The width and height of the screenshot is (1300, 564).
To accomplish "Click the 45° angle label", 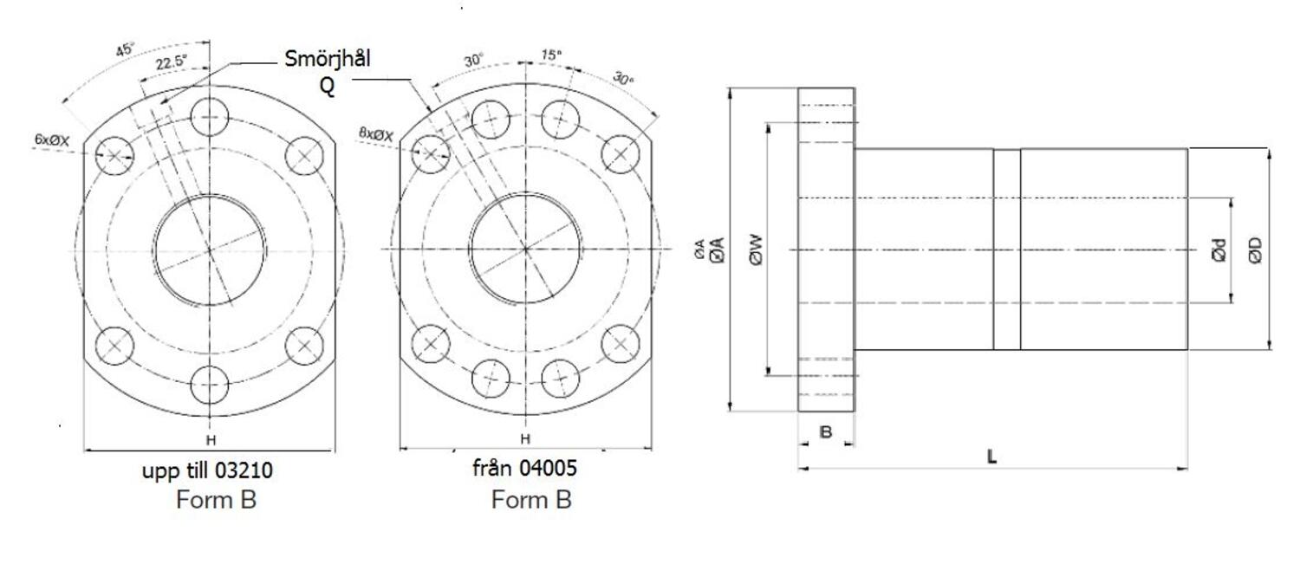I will click(126, 50).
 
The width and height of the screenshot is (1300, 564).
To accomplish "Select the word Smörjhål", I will click(328, 59).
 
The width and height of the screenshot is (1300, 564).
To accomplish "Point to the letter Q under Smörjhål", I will click(328, 87).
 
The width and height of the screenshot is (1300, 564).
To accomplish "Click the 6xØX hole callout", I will click(51, 139).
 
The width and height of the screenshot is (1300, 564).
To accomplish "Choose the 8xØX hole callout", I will click(376, 134).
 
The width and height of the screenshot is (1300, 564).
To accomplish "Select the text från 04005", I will click(524, 469).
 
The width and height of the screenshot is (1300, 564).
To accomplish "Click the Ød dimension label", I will click(1219, 251).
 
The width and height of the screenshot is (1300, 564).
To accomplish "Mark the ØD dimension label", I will click(1254, 250).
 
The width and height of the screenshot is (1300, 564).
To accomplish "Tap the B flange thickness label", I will click(825, 431).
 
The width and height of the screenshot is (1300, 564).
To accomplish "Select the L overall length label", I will click(991, 457).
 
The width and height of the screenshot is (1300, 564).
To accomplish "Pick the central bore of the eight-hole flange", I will click(525, 249).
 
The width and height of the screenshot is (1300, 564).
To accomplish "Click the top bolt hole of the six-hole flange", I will click(210, 115).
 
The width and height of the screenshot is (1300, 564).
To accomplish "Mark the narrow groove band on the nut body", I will click(1006, 250).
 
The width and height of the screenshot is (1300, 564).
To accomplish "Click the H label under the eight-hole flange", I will click(524, 439).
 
